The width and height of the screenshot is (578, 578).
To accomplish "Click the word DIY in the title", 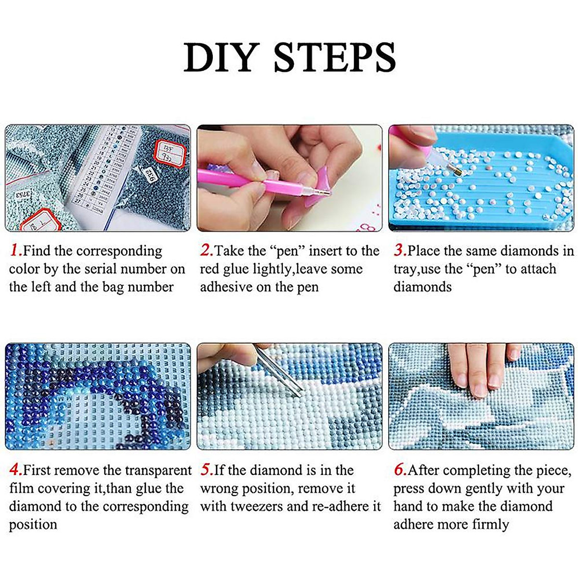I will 222,58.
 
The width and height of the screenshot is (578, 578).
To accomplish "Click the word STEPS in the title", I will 335,58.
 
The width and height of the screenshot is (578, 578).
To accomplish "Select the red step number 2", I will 206,250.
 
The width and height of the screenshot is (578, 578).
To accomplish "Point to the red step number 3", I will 400,250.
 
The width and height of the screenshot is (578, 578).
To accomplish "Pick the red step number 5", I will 206,470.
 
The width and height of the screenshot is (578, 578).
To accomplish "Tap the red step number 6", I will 400,470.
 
